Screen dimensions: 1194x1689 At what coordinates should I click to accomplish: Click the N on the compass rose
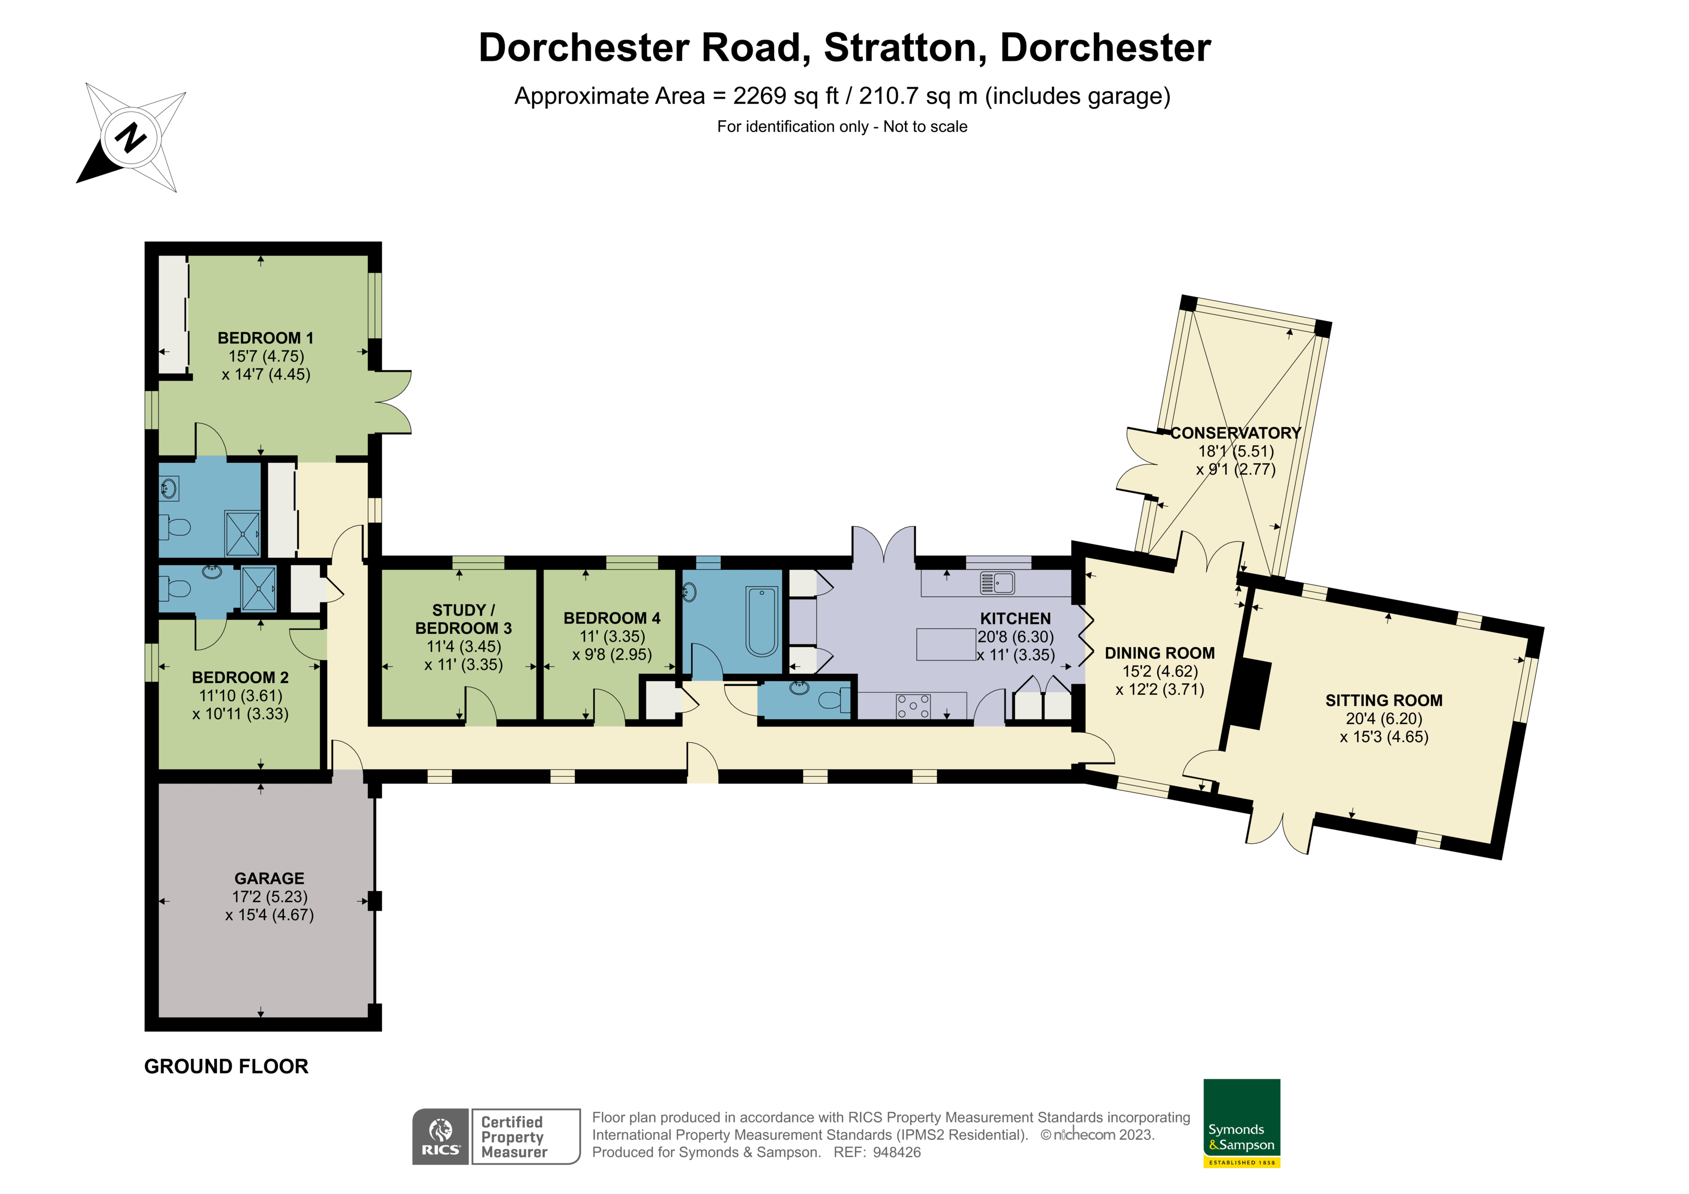tap(131, 137)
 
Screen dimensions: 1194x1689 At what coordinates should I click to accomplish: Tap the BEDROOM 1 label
tap(265, 338)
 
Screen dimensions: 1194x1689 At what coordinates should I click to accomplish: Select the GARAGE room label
tap(269, 878)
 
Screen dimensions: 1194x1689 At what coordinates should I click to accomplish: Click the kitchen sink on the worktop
tap(998, 583)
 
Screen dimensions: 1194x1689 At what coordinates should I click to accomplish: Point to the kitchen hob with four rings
tap(913, 706)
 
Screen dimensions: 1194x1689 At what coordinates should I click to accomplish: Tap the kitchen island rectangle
tap(946, 645)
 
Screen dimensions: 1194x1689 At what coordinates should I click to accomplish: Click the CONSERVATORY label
tap(1236, 433)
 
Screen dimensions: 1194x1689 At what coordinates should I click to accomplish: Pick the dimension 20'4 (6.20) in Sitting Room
tap(1384, 719)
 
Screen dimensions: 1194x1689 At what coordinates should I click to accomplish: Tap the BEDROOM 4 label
tap(611, 618)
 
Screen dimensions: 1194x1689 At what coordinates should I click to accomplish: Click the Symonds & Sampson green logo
tap(1242, 1123)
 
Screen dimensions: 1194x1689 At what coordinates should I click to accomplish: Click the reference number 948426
tap(897, 1153)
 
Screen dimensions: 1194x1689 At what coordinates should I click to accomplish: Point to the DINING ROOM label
tap(1159, 653)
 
